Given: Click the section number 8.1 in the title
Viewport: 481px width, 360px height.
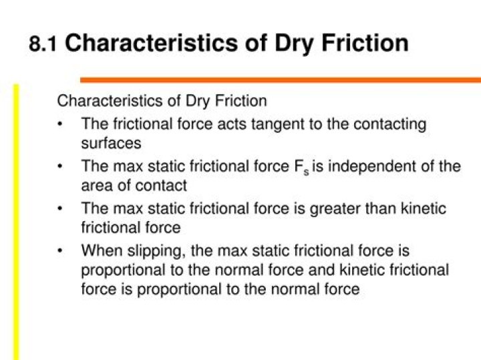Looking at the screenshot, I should (x=42, y=44).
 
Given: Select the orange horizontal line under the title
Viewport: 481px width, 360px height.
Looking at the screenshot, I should (x=281, y=80).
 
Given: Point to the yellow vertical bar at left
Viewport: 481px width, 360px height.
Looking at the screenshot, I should (x=17, y=220).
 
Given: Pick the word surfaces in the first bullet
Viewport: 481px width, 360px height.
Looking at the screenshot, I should (x=111, y=143).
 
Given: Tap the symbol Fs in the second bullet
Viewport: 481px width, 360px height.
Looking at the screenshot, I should (x=301, y=167).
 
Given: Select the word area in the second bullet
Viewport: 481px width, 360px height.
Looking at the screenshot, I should (x=96, y=185).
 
